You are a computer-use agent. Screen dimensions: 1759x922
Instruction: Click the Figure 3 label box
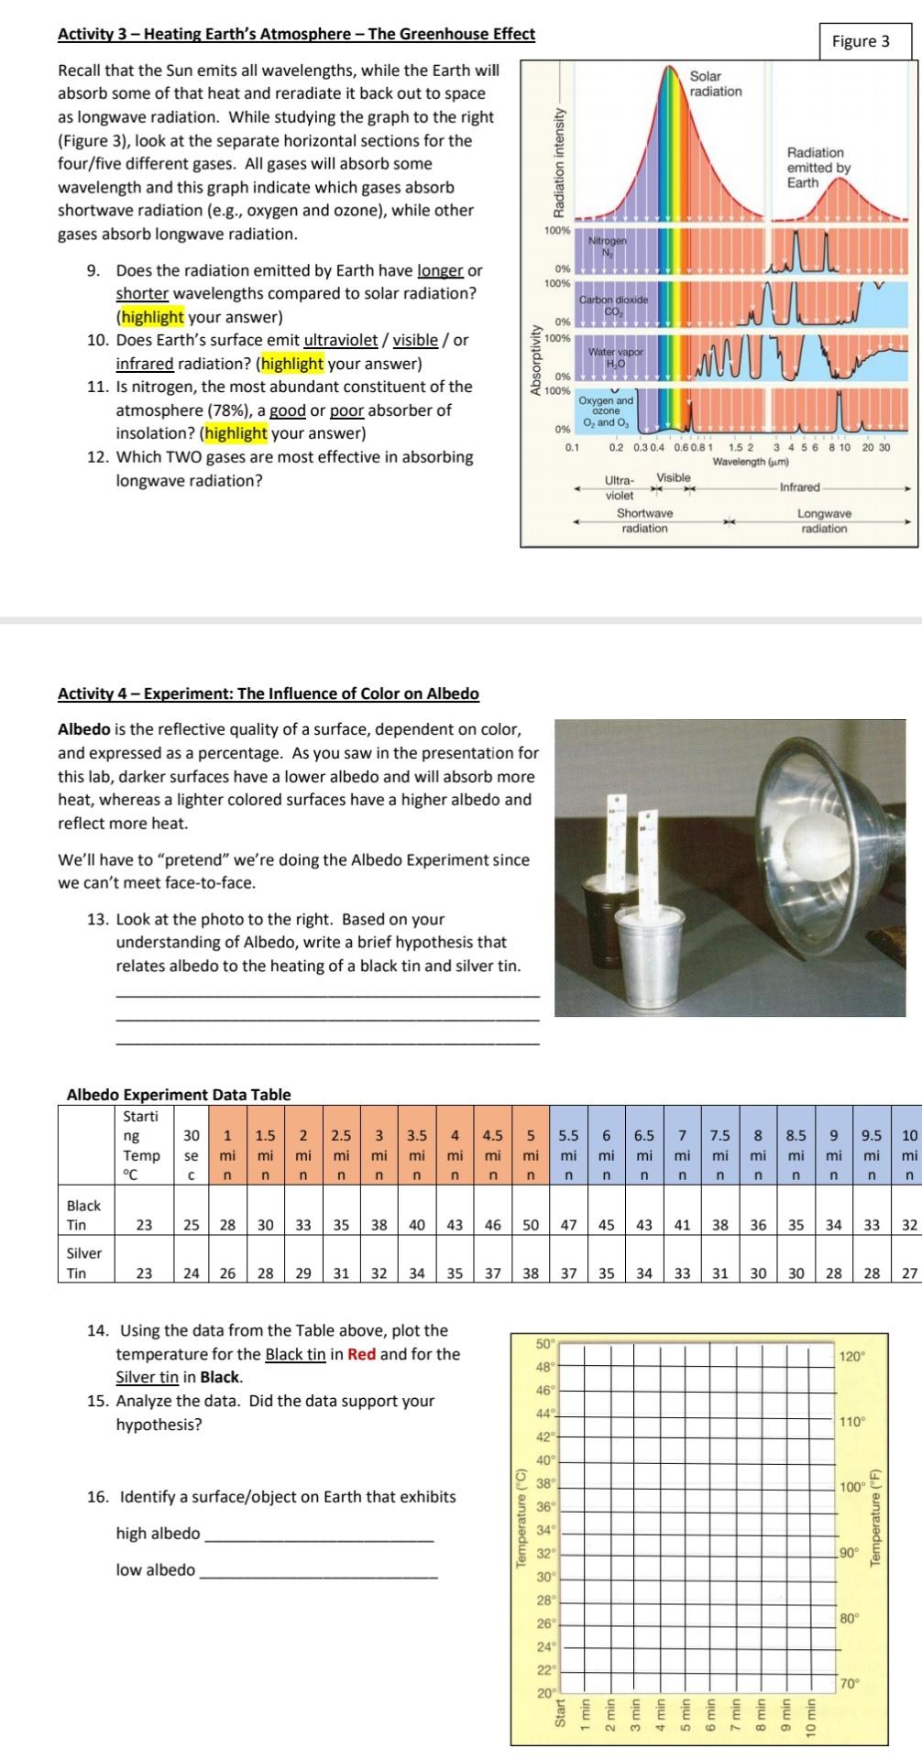pos(860,40)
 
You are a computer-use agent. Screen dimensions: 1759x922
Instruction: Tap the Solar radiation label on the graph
pos(716,84)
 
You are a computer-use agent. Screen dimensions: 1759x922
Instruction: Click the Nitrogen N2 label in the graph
pos(607,246)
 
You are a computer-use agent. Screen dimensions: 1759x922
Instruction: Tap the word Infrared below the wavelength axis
pos(799,486)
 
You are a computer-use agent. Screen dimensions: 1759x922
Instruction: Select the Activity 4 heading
pos(268,693)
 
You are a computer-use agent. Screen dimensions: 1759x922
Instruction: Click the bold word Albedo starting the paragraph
pos(84,730)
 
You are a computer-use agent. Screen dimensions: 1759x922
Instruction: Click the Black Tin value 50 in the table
pos(530,1224)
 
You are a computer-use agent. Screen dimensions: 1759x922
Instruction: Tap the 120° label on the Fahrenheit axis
pos(852,1356)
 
